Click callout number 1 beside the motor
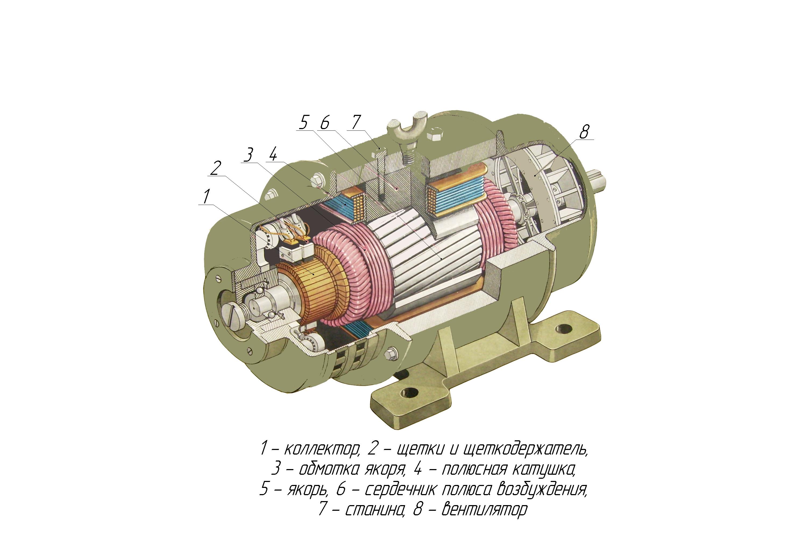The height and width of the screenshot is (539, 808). point(206,196)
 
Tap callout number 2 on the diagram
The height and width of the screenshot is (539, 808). point(215,168)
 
